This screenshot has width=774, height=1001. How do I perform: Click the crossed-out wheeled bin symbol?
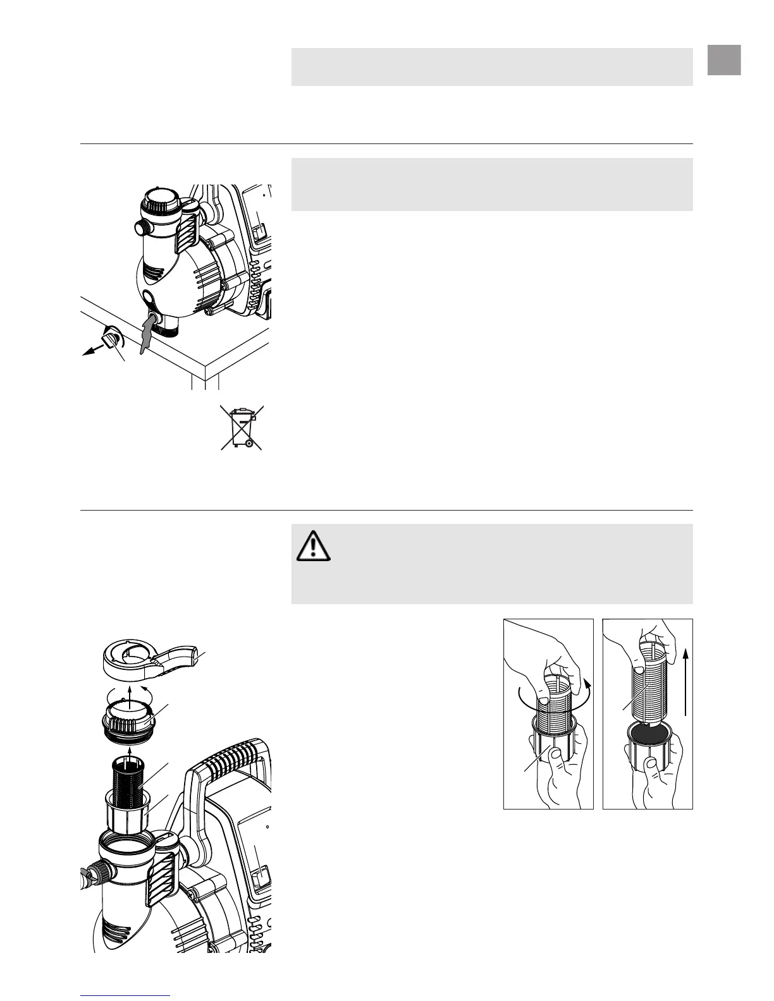pyautogui.click(x=242, y=428)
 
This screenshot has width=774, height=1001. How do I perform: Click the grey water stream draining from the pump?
pyautogui.click(x=147, y=333)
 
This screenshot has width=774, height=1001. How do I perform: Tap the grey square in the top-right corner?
pyautogui.click(x=724, y=60)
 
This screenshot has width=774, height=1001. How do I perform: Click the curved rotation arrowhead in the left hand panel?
pyautogui.click(x=587, y=685)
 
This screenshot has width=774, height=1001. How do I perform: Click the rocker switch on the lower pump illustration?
pyautogui.click(x=259, y=879)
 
